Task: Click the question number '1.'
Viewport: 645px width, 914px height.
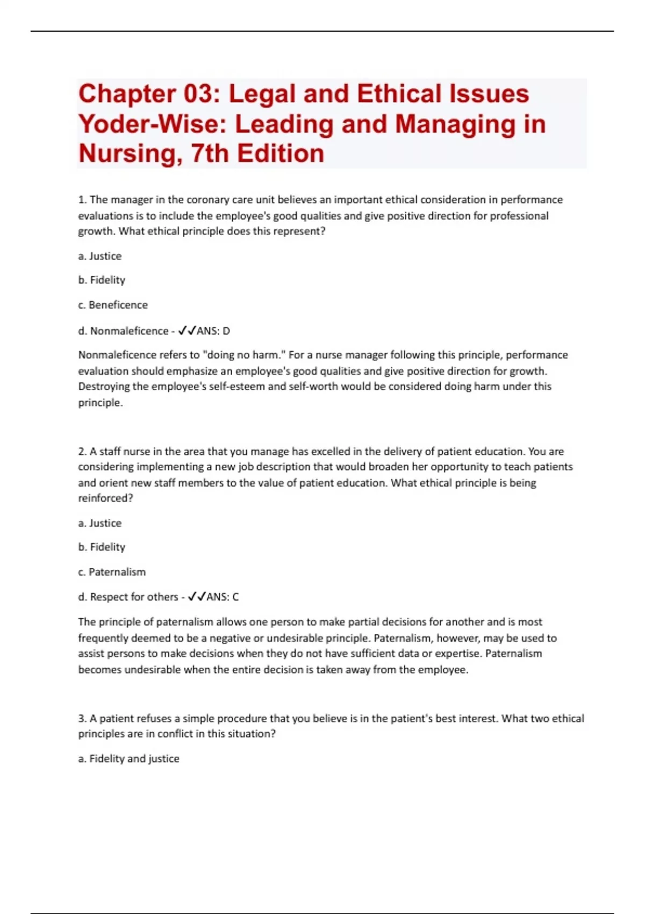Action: [82, 200]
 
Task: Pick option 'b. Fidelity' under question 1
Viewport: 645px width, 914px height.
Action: [102, 280]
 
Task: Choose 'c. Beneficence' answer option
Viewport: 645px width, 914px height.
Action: [113, 305]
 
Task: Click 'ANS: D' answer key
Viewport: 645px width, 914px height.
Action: [213, 331]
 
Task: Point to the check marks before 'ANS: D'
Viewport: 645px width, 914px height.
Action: [187, 331]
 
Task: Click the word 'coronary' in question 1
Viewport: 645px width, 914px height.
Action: [206, 200]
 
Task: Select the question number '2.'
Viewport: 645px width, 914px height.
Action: [82, 452]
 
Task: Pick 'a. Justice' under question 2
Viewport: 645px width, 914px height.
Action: [100, 523]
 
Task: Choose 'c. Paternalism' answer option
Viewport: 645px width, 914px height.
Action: [112, 572]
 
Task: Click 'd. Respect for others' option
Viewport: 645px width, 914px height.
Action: [128, 597]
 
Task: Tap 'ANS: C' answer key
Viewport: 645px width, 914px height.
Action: [223, 597]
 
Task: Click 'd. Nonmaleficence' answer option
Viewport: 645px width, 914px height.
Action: [123, 331]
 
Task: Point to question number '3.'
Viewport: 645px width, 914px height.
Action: [82, 719]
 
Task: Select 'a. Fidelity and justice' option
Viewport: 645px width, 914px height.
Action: [129, 759]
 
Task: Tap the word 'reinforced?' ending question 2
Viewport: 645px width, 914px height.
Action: [105, 498]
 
